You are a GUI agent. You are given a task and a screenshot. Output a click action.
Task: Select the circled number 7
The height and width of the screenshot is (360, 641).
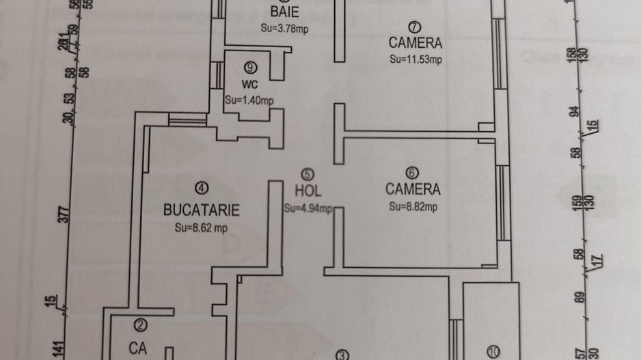[415, 27]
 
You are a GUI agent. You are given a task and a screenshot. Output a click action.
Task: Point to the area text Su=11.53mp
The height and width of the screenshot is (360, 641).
[415, 59]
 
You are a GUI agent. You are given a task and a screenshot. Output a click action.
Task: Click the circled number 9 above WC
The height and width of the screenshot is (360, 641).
[249, 68]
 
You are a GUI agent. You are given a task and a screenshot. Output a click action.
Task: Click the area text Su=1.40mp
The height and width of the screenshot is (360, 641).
[249, 100]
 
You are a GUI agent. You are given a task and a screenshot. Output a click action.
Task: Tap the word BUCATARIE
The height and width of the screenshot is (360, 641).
[202, 209]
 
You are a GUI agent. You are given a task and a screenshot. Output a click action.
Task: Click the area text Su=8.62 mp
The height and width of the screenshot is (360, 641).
[201, 228]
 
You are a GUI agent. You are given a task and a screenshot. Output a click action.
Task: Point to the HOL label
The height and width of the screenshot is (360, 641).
[308, 191]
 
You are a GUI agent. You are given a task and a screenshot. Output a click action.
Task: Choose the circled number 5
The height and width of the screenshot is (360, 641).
[308, 175]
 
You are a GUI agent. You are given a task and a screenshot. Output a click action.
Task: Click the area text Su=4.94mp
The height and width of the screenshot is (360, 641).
[308, 208]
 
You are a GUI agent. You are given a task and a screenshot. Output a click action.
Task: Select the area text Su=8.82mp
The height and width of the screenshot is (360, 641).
[413, 206]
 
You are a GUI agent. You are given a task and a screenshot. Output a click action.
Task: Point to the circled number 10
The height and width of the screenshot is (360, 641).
[493, 352]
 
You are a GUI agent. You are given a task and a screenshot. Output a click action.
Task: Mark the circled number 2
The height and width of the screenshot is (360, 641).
[140, 326]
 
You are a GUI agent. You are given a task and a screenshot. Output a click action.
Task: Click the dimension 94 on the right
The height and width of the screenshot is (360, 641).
[575, 112]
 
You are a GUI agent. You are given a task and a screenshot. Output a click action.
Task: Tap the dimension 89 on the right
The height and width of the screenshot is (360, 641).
[579, 299]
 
